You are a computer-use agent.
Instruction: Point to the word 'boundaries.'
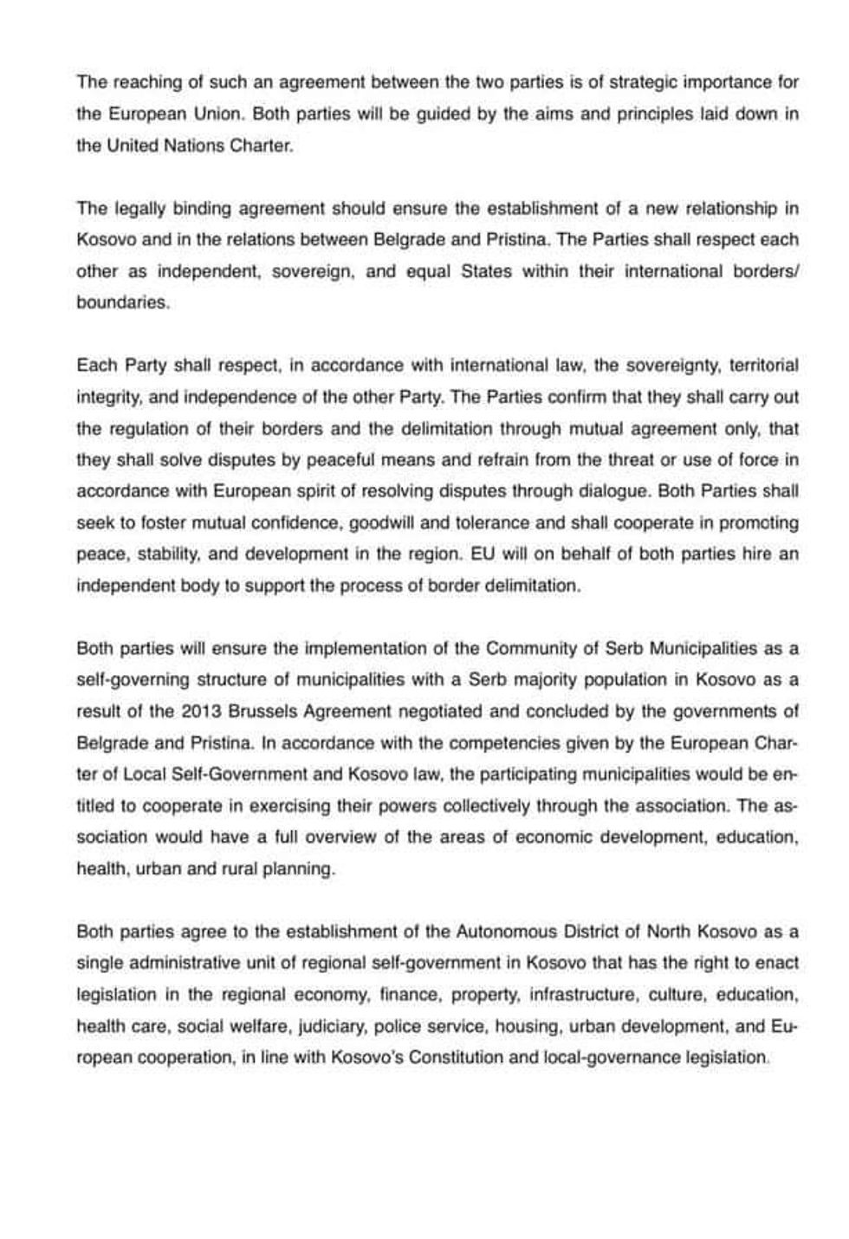123,303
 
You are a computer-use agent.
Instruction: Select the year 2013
202,711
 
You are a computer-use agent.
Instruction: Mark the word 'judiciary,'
333,1027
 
